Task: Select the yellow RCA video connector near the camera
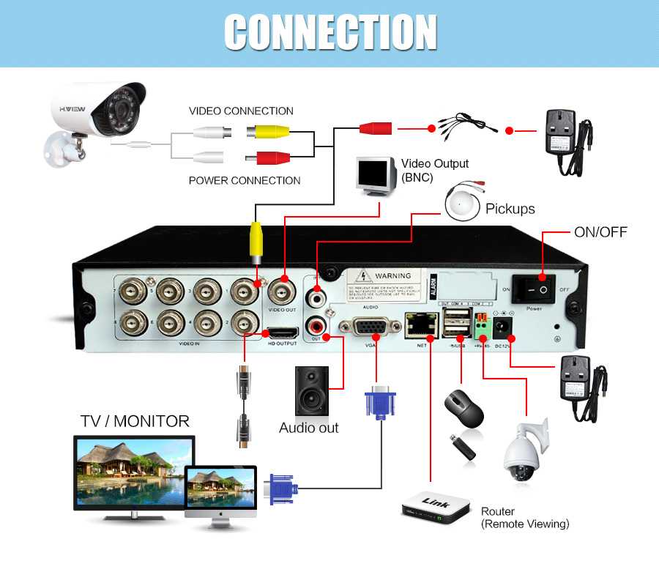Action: pos(268,132)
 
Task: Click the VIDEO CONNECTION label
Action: pos(241,111)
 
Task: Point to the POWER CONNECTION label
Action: pos(245,180)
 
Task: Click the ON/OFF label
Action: pos(600,232)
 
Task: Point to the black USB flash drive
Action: pos(462,448)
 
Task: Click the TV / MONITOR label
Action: pos(135,421)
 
